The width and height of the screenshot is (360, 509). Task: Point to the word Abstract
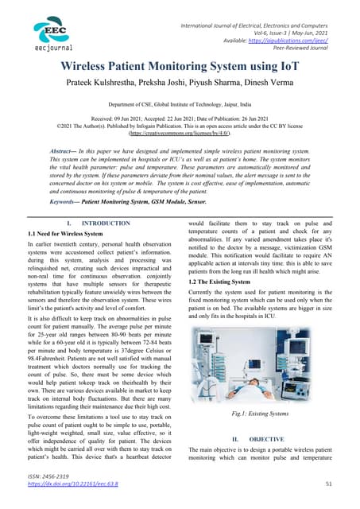pyautogui.click(x=67, y=150)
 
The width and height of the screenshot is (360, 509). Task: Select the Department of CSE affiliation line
pyautogui.click(x=180, y=104)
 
